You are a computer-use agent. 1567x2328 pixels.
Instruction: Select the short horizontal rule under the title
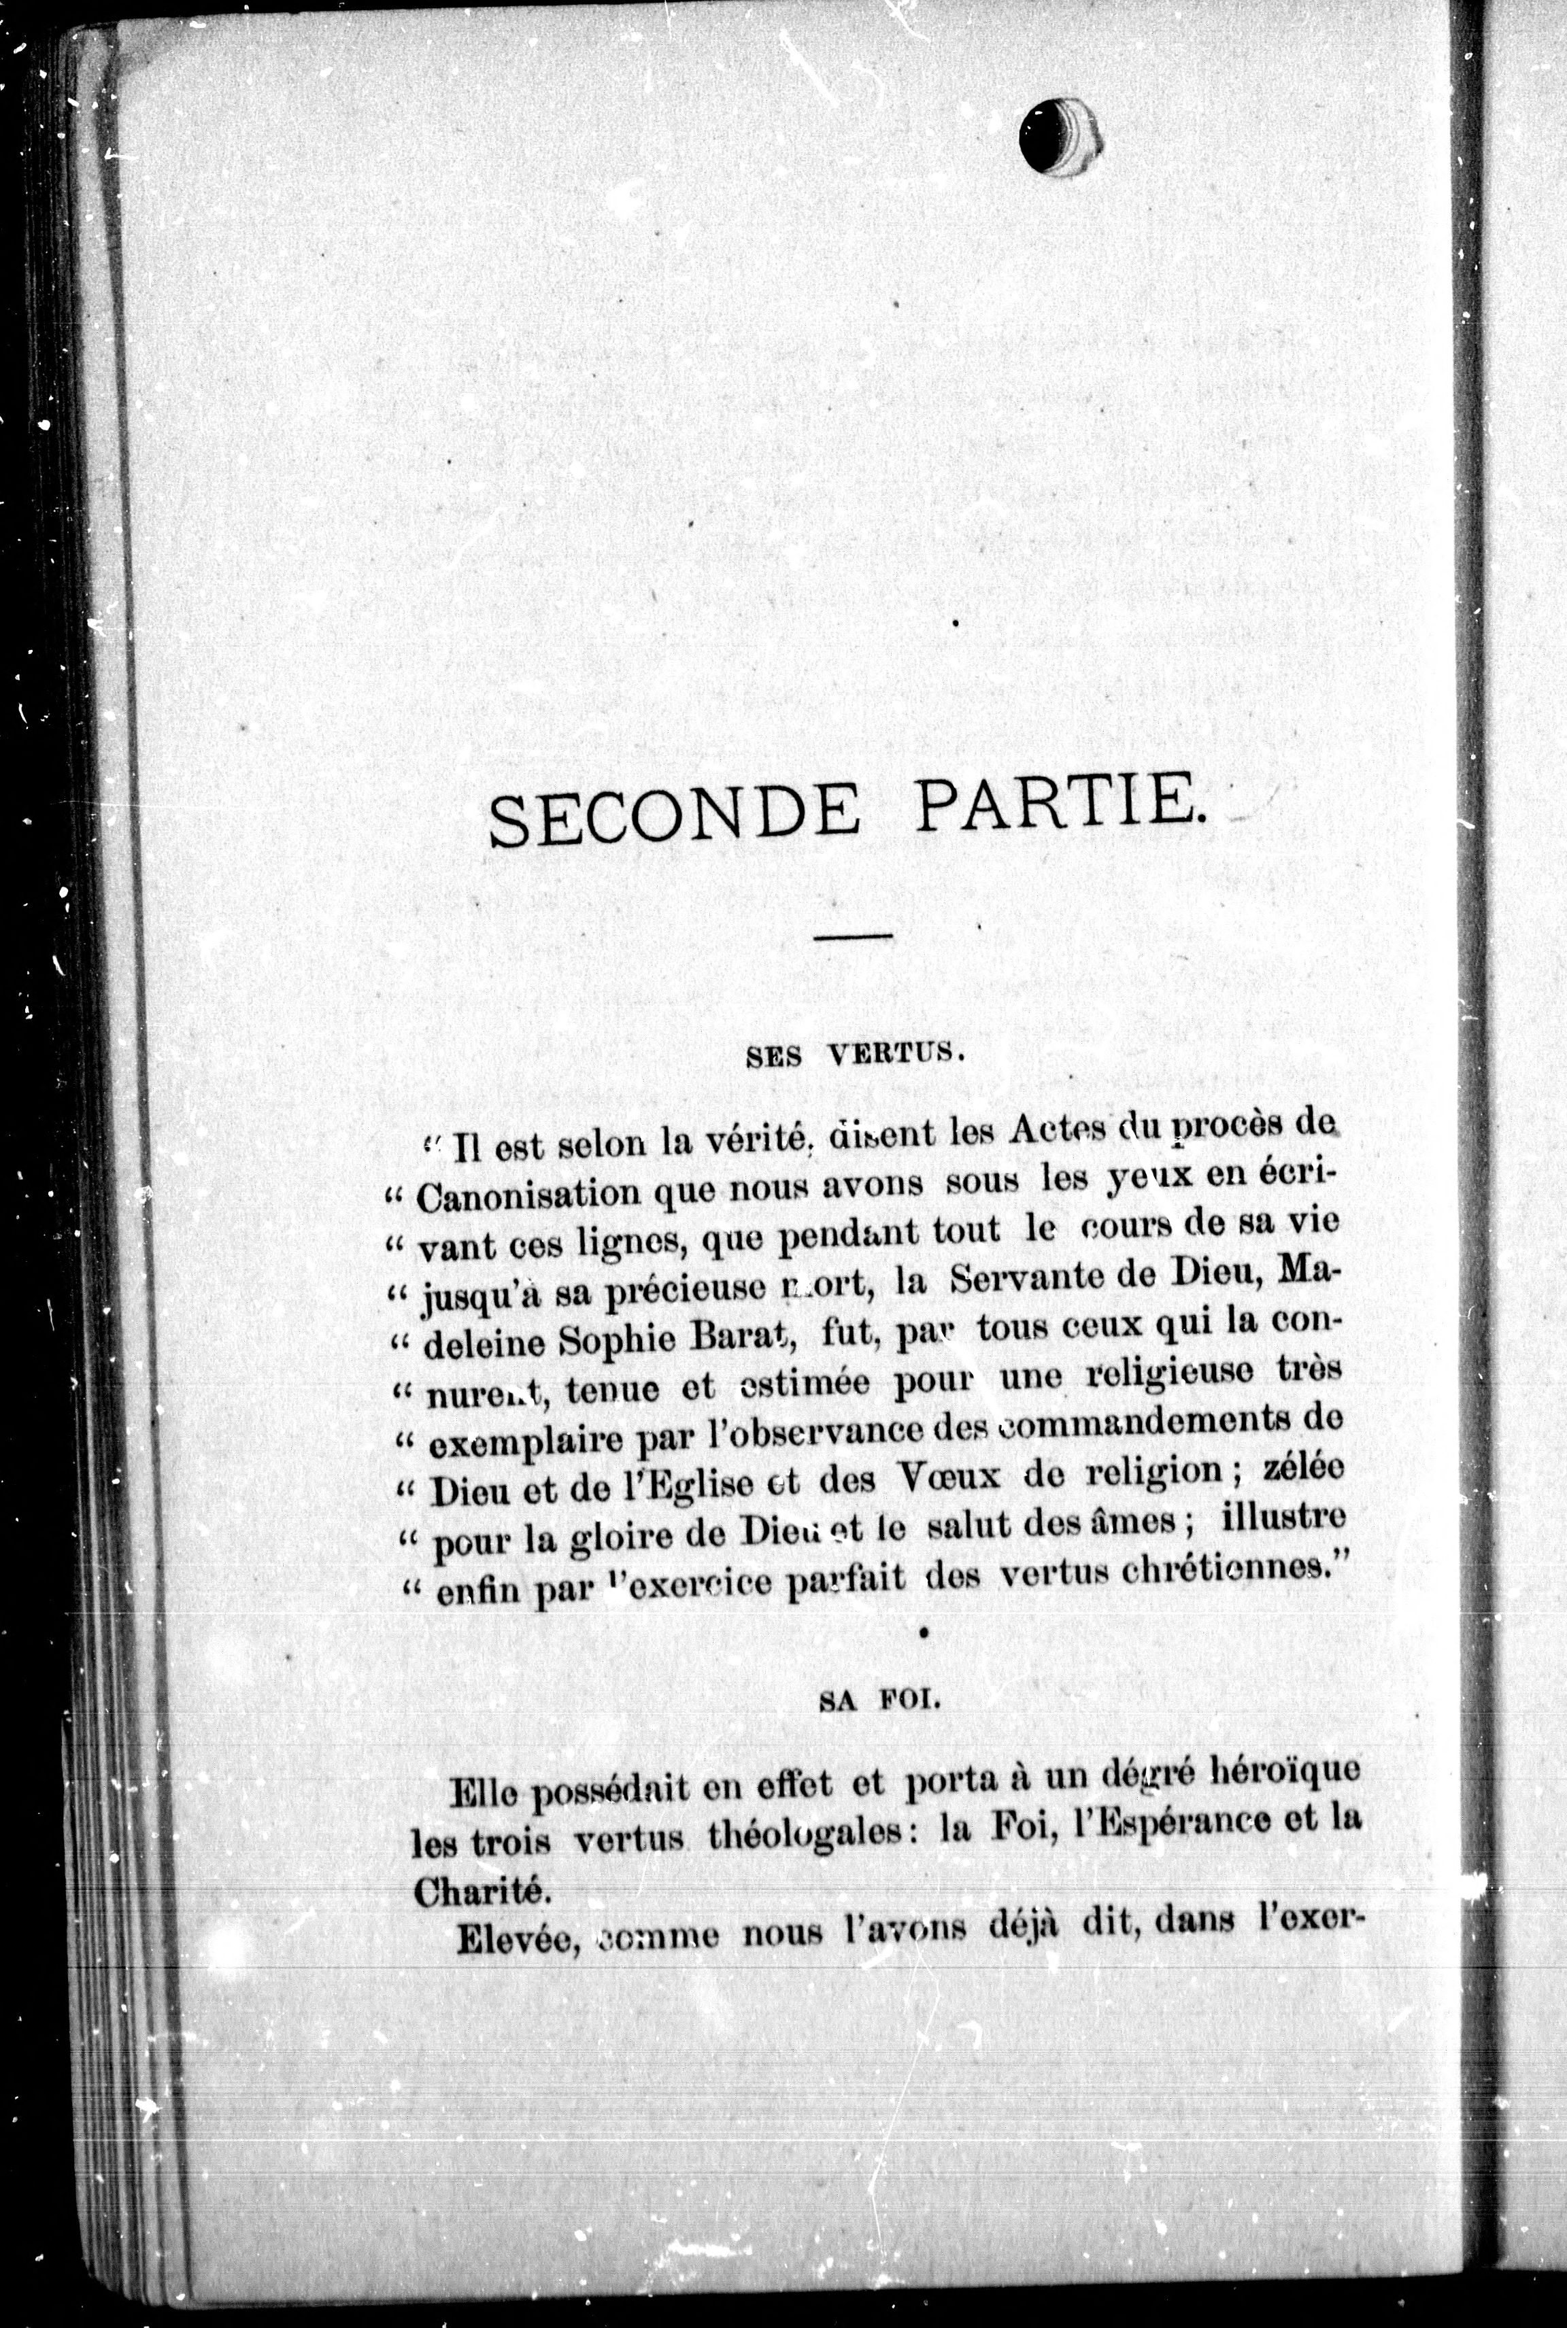(x=852, y=936)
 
